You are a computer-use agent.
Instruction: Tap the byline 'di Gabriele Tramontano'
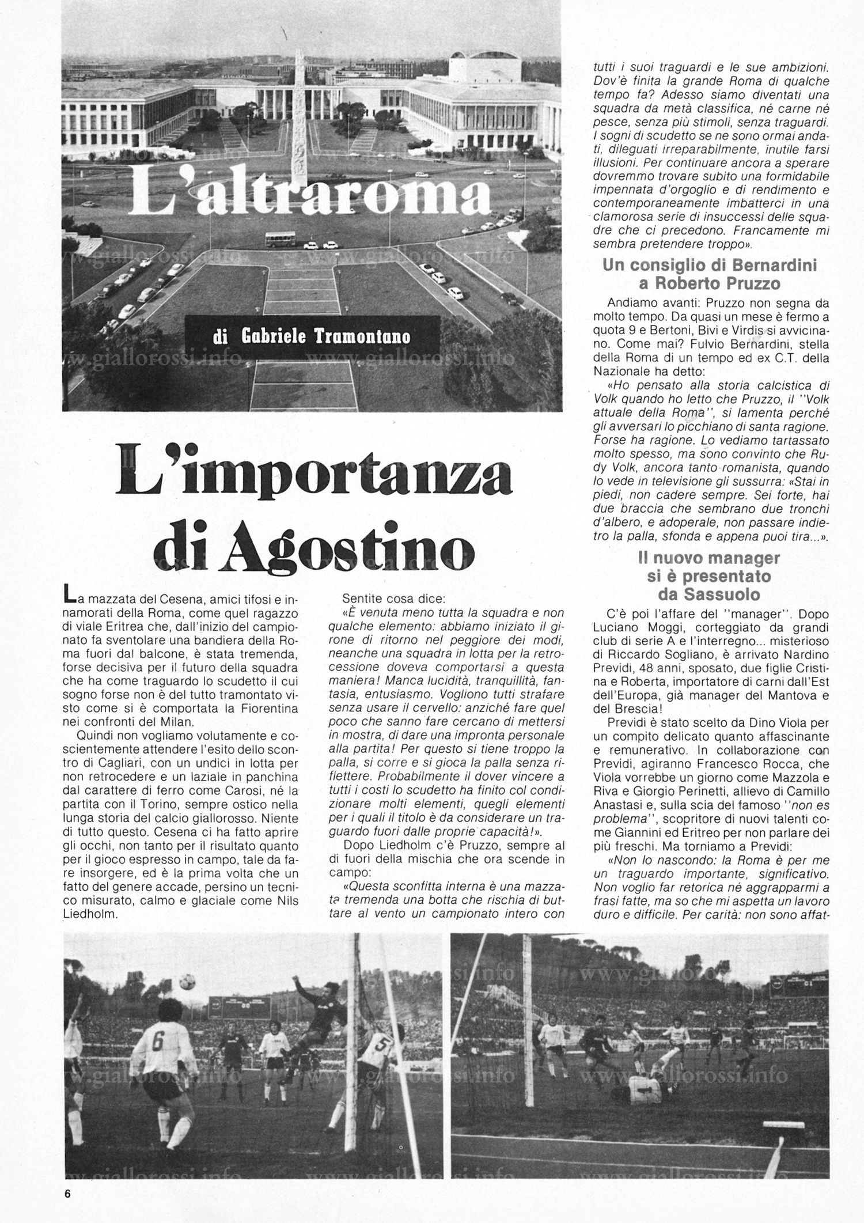click(311, 336)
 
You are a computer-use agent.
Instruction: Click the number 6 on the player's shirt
click(158, 1041)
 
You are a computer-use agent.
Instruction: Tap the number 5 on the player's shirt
click(380, 1042)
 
